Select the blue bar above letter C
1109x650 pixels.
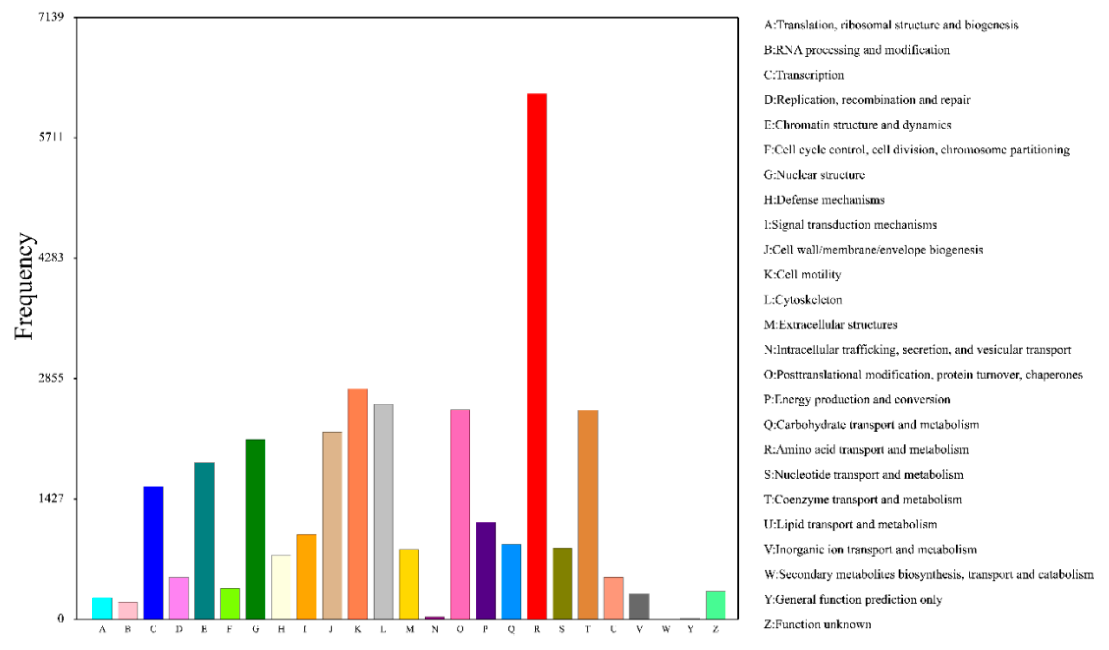tap(153, 552)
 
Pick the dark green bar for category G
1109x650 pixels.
tap(255, 529)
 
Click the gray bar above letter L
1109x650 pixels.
tap(383, 511)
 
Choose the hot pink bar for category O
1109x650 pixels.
tap(460, 514)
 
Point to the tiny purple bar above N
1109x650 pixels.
tap(434, 617)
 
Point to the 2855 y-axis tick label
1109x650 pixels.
tap(51, 378)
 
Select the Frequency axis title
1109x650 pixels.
tap(24, 286)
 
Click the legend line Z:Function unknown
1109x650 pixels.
tap(817, 624)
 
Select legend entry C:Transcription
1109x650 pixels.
tap(803, 75)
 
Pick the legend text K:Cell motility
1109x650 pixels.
tap(802, 274)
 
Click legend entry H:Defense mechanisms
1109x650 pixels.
tap(824, 200)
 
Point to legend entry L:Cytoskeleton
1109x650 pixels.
tap(803, 299)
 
